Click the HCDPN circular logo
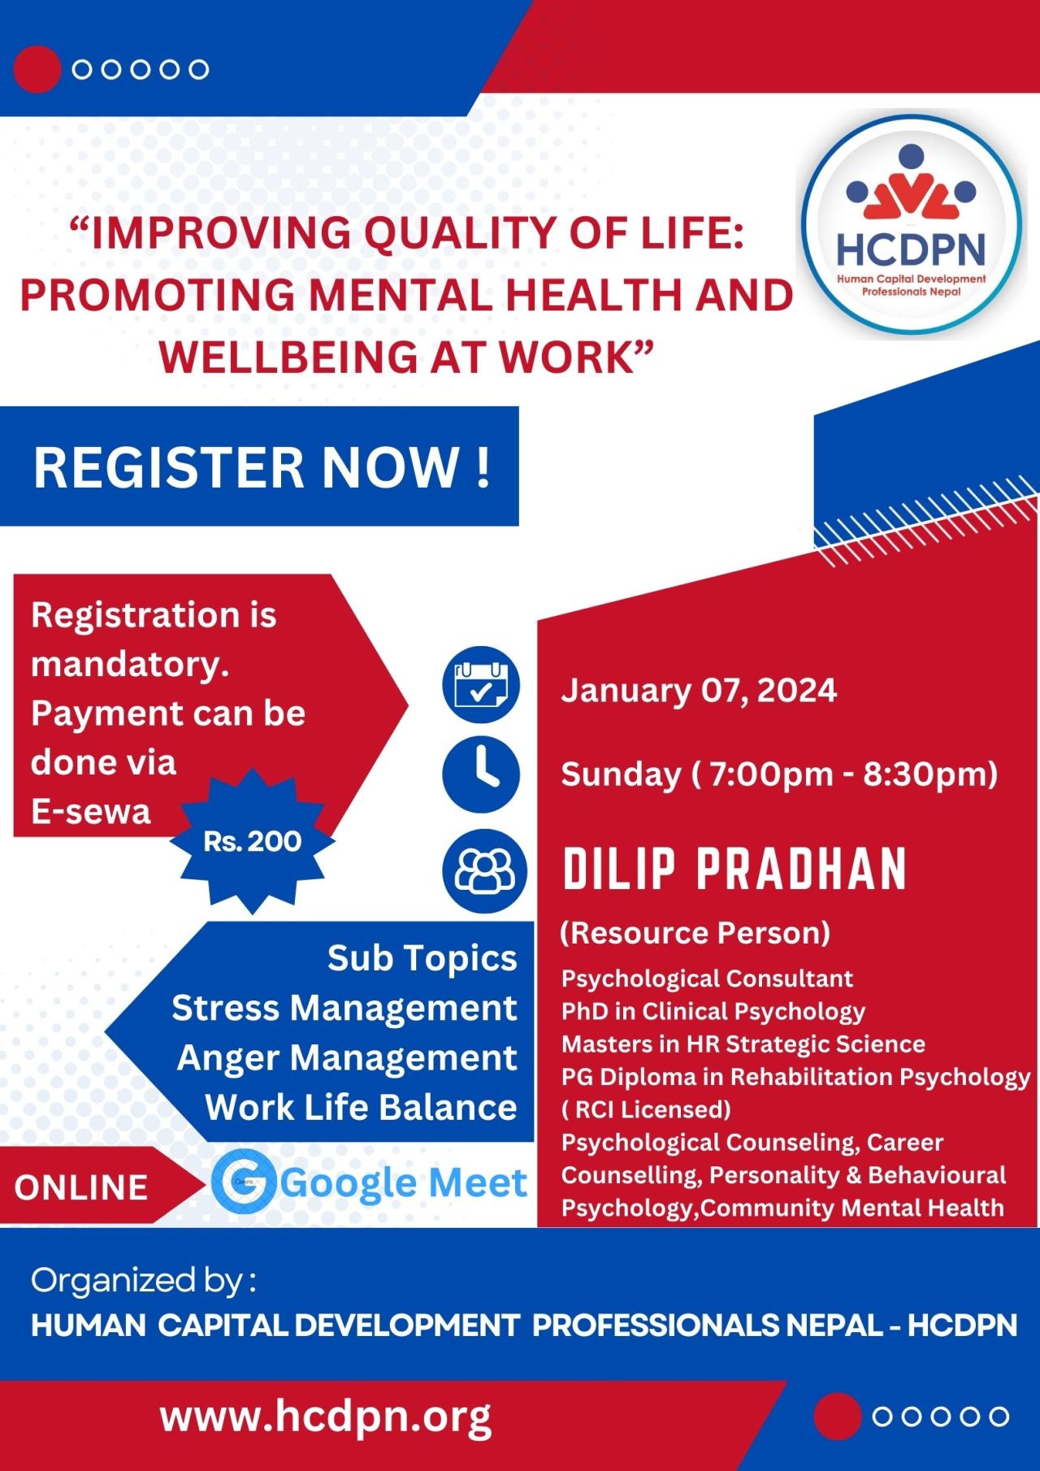tap(912, 223)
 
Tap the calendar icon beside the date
tap(481, 684)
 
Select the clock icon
tap(481, 774)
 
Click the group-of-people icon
tap(484, 870)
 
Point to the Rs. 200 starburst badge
tap(253, 841)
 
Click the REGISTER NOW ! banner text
tap(262, 467)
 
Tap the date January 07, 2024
tap(699, 691)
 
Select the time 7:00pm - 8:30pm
tap(852, 774)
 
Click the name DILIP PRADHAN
tap(734, 869)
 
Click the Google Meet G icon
tap(244, 1182)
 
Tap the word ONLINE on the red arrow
tap(81, 1187)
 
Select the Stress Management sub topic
tap(344, 1009)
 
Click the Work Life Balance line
tap(361, 1108)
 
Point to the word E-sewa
tap(91, 812)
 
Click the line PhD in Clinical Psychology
tap(713, 1012)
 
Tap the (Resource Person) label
tap(695, 933)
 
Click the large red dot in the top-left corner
tap(37, 69)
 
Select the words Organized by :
tap(144, 1281)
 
